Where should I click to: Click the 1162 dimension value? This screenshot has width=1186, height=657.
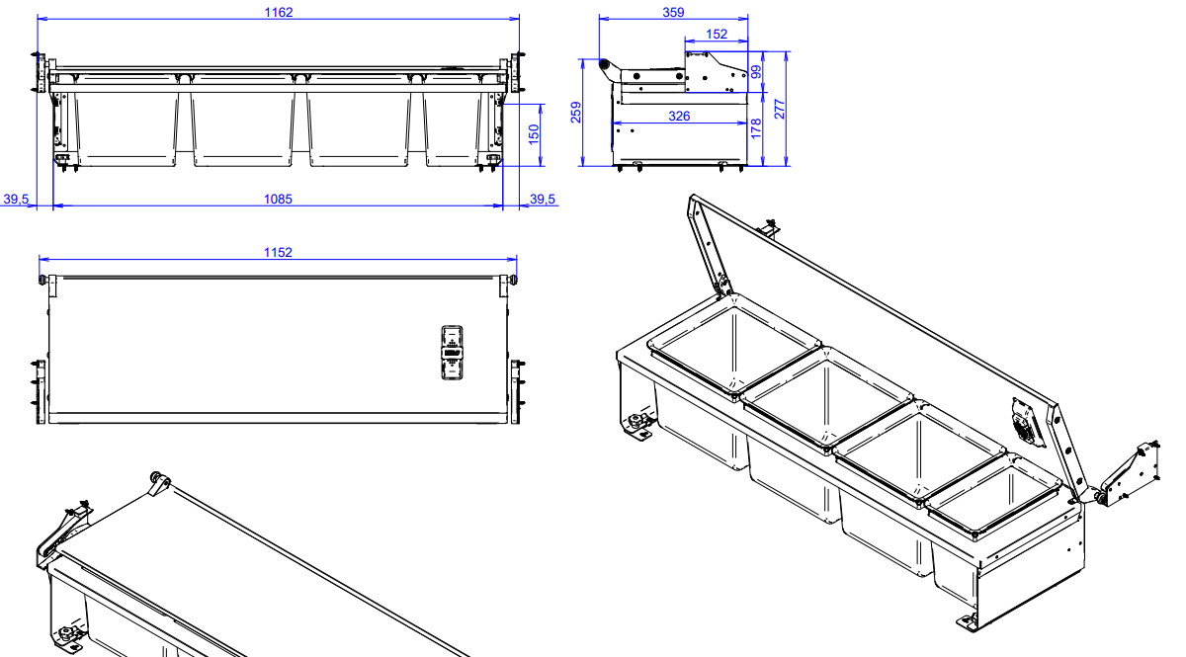pos(279,12)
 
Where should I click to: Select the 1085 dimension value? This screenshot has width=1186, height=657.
pos(278,200)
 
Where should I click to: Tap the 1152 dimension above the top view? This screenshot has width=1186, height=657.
pos(278,253)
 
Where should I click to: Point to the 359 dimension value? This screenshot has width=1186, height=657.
pos(673,12)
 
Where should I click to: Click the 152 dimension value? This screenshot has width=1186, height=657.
pos(717,35)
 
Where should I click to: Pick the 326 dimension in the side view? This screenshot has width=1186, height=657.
pos(679,117)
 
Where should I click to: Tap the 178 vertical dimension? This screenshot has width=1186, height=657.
pos(756,128)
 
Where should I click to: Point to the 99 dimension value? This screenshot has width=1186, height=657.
pos(756,72)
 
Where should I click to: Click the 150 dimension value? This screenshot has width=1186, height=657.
pos(535,133)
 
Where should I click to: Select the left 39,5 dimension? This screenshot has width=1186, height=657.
pos(17,200)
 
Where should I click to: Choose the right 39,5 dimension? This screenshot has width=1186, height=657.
pos(543,200)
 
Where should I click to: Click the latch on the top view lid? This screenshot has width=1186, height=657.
pos(452,352)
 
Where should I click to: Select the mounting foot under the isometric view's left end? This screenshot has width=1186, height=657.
pos(639,426)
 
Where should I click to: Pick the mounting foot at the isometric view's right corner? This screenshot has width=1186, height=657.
pos(967,620)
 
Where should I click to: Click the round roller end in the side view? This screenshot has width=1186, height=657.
pos(604,65)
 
